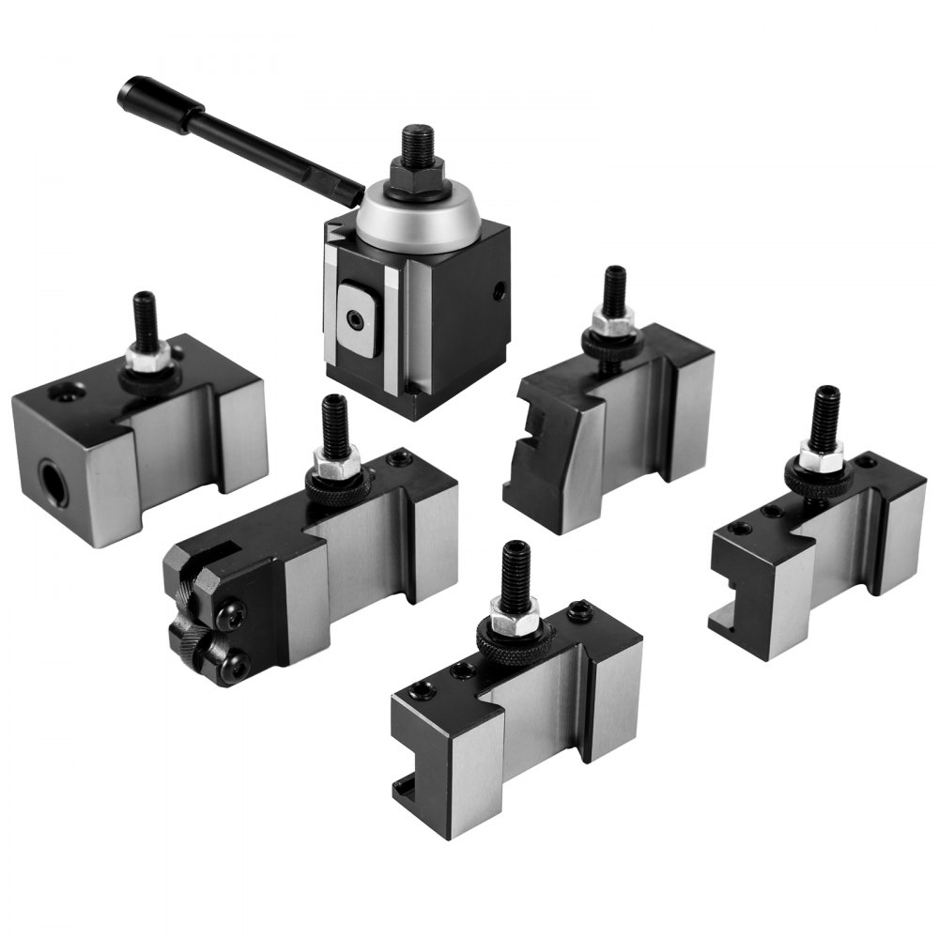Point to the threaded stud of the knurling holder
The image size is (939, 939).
(333, 423)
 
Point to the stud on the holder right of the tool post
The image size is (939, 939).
(615, 291)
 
